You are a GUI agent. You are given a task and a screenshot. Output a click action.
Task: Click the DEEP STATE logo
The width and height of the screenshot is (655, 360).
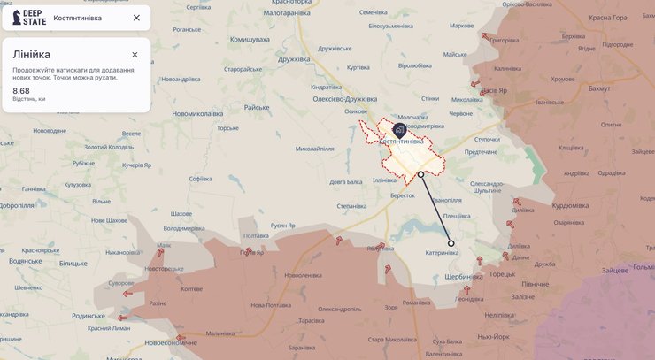click(29, 18)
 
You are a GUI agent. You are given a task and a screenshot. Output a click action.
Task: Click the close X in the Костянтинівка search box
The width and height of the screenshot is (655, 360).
click(136, 18)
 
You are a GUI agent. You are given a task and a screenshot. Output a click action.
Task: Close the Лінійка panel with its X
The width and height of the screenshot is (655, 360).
click(135, 55)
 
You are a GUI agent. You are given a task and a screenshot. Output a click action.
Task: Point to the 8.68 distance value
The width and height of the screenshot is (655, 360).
click(21, 90)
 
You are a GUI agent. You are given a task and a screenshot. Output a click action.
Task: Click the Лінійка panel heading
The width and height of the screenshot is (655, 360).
click(31, 55)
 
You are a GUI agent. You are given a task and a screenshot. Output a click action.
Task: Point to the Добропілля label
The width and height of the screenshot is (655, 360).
click(16, 205)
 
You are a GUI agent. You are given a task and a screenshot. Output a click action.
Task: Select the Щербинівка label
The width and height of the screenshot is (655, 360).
click(464, 277)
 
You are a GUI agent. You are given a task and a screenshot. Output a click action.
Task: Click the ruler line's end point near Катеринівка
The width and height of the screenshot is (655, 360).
click(451, 243)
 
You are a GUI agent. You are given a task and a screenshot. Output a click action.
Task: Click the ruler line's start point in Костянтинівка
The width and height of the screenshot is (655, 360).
click(420, 175)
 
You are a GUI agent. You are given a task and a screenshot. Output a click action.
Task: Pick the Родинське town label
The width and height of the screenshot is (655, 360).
click(88, 316)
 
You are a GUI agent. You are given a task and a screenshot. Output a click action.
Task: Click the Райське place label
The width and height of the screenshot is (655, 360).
click(257, 107)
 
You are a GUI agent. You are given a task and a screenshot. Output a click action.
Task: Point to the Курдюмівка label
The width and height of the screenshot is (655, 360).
click(570, 205)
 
